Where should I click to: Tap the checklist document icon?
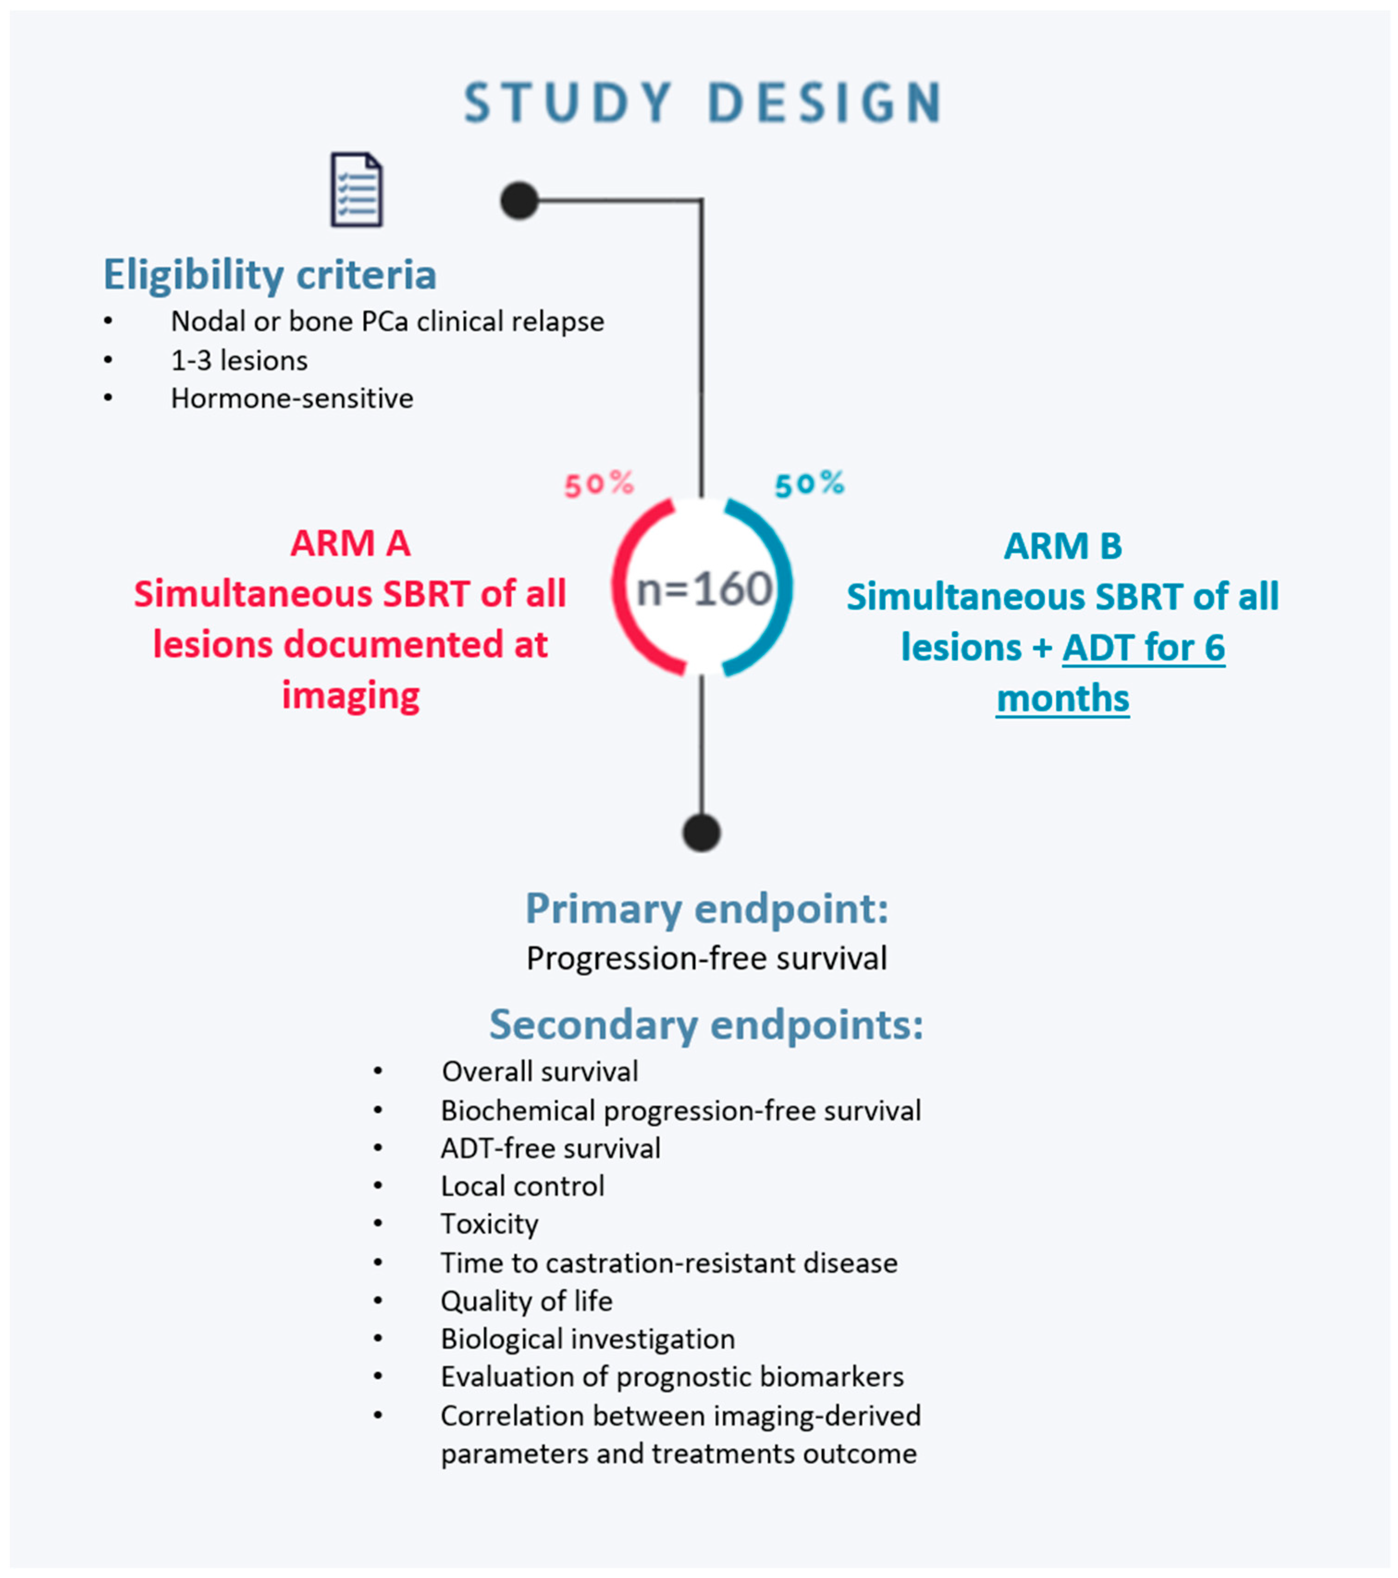click(x=356, y=190)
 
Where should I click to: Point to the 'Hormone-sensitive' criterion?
click(x=292, y=399)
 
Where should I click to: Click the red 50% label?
click(x=598, y=485)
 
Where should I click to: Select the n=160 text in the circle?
click(x=704, y=590)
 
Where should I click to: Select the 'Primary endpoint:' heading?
click(x=707, y=909)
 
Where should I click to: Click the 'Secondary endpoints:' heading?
click(x=707, y=1025)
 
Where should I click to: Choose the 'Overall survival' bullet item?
click(x=539, y=1072)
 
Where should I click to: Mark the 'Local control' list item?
click(x=522, y=1186)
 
